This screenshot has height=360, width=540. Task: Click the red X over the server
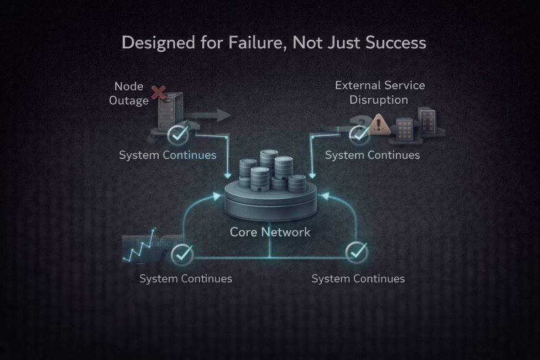pos(158,93)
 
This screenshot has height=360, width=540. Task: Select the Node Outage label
pos(131,93)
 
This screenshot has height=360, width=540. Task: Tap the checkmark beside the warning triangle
pos(359,134)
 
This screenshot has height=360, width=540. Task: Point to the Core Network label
pos(270,232)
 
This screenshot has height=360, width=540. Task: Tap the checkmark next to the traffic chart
pos(183,253)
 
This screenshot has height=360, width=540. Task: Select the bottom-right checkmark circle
pos(357,251)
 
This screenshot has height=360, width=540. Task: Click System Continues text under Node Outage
pos(168,155)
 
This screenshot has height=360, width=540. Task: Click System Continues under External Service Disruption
pos(372,155)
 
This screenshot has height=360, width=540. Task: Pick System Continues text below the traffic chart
pos(186,278)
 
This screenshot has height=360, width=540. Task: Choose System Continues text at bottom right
pos(358,278)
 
